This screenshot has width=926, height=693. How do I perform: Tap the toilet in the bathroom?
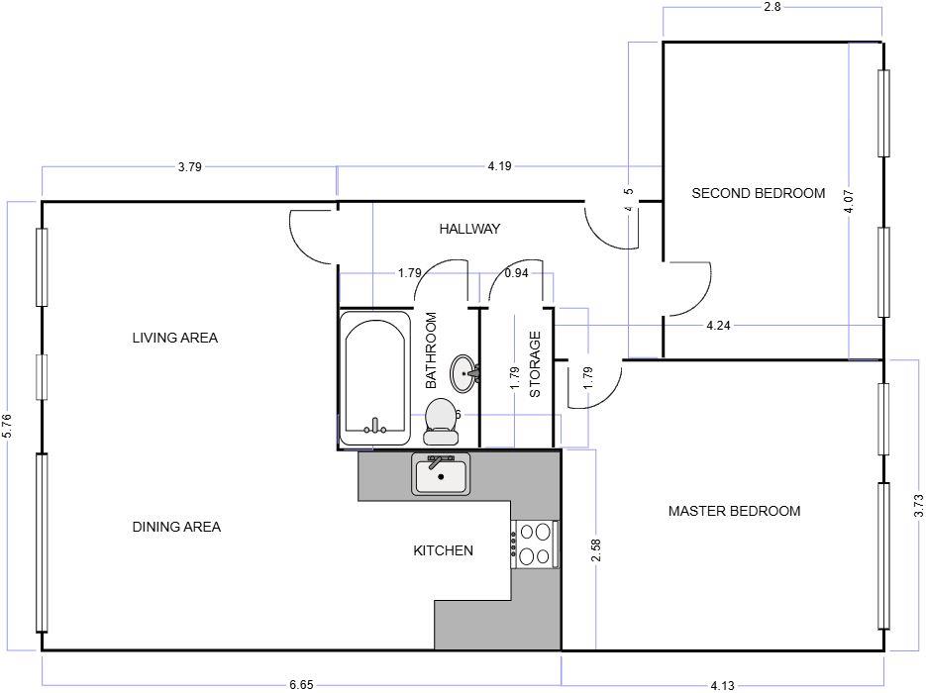[441, 421]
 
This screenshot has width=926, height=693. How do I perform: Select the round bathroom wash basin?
[464, 373]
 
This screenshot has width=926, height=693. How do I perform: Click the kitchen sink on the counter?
[442, 474]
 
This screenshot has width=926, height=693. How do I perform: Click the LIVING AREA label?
[175, 338]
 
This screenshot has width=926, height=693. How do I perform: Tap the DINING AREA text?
[176, 527]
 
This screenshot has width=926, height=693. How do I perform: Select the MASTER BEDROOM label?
[734, 511]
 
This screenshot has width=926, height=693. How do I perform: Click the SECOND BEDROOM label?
[758, 193]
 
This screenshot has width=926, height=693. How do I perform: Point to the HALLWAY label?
[469, 229]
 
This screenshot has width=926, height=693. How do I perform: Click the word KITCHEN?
[443, 550]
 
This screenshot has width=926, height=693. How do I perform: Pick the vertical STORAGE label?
[536, 364]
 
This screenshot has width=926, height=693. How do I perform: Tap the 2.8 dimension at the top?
[772, 7]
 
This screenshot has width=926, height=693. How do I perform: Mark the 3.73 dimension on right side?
[918, 506]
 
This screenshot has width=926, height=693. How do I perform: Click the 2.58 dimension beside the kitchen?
[595, 551]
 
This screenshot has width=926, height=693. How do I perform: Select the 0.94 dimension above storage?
[516, 272]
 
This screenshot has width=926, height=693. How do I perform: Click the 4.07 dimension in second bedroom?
[848, 203]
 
